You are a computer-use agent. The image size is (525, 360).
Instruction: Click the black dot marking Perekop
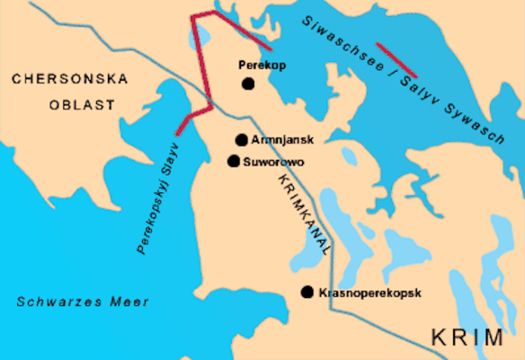(x=248, y=83)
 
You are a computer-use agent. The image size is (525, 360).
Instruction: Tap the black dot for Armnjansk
(x=241, y=139)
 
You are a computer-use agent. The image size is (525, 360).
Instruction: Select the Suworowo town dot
(x=233, y=161)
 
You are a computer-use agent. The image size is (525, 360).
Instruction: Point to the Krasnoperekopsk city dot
(x=307, y=292)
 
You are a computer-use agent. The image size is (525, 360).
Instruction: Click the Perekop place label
(x=262, y=65)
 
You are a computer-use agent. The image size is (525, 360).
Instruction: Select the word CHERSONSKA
(x=71, y=78)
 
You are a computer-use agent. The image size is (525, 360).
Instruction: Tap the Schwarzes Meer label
(x=83, y=302)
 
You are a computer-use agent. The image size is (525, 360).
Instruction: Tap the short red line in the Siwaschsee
(x=397, y=60)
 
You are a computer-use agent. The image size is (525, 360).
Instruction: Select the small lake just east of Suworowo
(x=349, y=157)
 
